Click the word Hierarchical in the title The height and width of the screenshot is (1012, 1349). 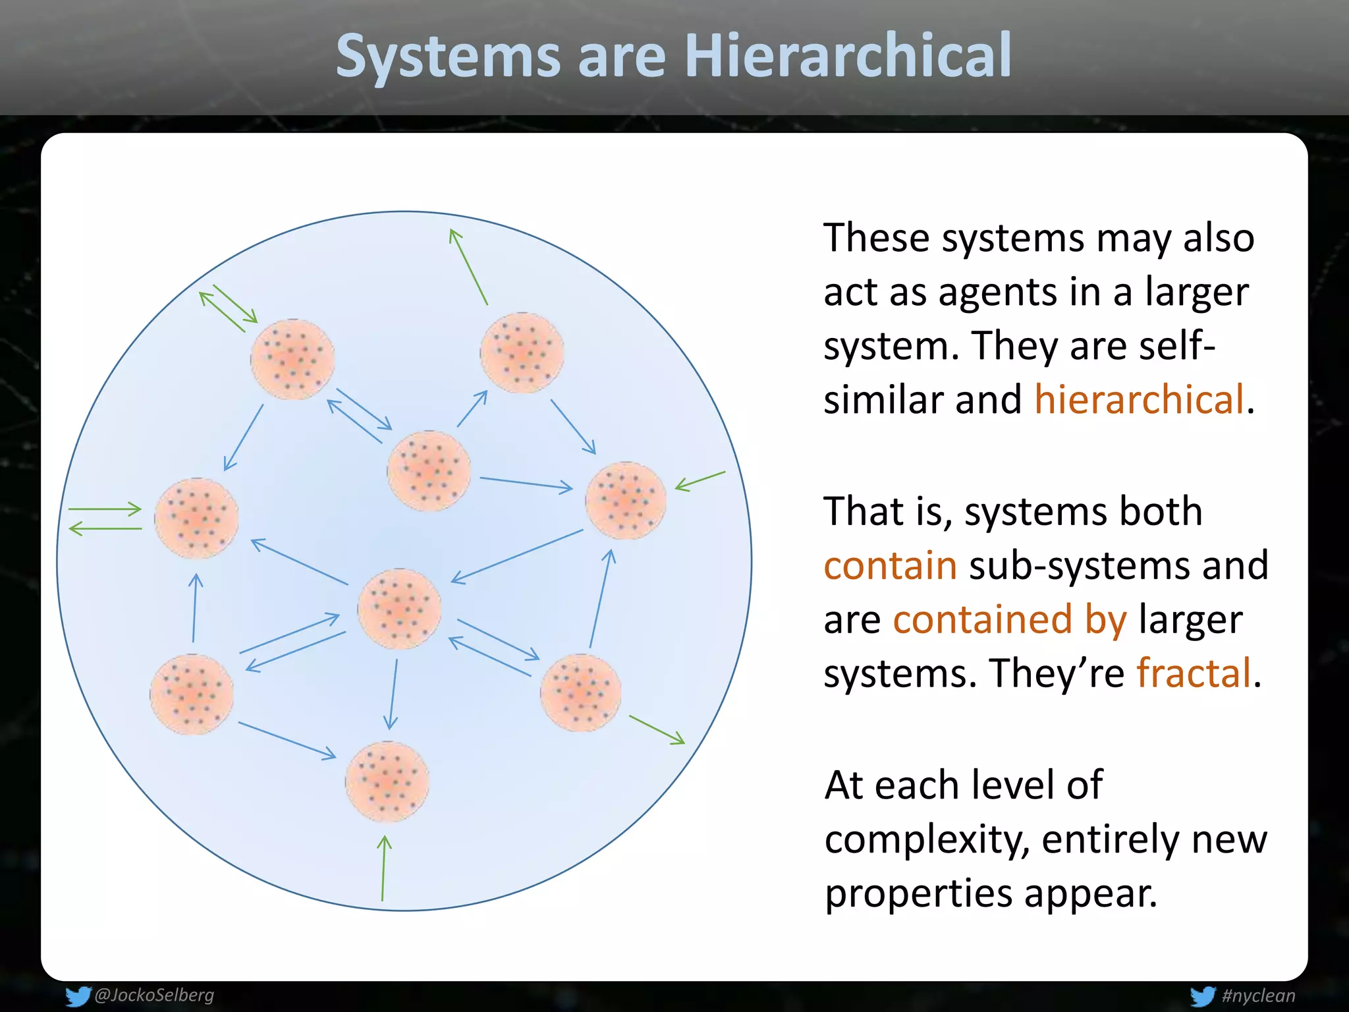click(848, 56)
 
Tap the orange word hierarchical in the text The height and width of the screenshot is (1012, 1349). click(1139, 399)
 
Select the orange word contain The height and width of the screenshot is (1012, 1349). click(890, 565)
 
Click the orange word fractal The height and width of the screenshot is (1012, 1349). click(1194, 673)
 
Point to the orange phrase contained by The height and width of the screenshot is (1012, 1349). click(1009, 619)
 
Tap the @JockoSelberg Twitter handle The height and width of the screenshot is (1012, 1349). click(154, 995)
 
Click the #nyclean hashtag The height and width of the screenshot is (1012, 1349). click(1258, 996)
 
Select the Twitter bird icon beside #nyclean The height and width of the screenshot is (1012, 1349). click(1203, 996)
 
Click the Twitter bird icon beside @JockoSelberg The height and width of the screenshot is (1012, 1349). click(78, 996)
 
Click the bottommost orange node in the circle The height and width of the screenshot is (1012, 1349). click(387, 781)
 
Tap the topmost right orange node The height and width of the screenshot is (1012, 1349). click(522, 352)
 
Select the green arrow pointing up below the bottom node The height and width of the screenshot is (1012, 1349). click(383, 868)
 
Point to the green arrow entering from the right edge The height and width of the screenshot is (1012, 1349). click(700, 481)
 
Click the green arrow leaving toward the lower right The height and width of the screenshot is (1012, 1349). click(657, 730)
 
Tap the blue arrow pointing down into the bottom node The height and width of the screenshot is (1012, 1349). click(393, 694)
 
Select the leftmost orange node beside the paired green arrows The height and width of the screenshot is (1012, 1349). click(196, 518)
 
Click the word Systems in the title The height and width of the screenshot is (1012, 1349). click(448, 56)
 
